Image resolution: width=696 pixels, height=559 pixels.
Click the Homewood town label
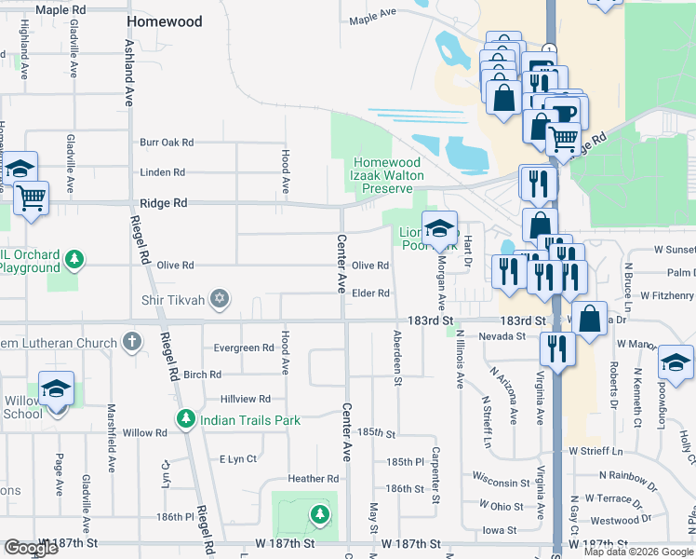tap(164, 20)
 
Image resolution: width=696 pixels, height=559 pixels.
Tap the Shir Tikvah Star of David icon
tap(220, 298)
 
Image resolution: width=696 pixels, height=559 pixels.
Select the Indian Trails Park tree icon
tap(186, 420)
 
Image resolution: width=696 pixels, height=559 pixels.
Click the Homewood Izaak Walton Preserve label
tap(386, 175)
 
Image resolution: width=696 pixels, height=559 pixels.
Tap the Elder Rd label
tap(370, 293)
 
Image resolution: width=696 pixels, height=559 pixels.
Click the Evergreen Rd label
tap(243, 348)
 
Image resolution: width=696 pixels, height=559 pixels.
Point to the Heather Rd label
tap(313, 479)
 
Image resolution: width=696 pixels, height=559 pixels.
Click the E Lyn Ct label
tap(237, 459)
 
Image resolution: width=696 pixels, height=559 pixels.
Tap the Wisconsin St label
tap(501, 484)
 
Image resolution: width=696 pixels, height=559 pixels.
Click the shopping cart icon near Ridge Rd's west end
tap(32, 198)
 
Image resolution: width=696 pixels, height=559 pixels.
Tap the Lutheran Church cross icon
tap(132, 342)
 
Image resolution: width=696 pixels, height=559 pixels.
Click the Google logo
tap(31, 548)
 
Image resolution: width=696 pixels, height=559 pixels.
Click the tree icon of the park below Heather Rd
tap(319, 513)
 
